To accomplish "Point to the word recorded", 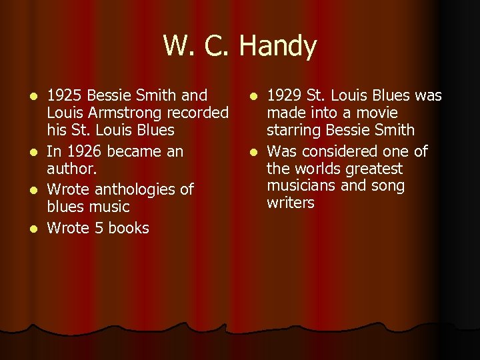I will click(x=199, y=113).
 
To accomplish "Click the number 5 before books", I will click(x=99, y=228).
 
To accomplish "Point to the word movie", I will click(x=376, y=113).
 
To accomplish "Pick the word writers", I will click(x=291, y=203).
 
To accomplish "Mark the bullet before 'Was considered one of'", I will click(x=253, y=152).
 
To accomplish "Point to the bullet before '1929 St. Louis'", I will click(x=253, y=96).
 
